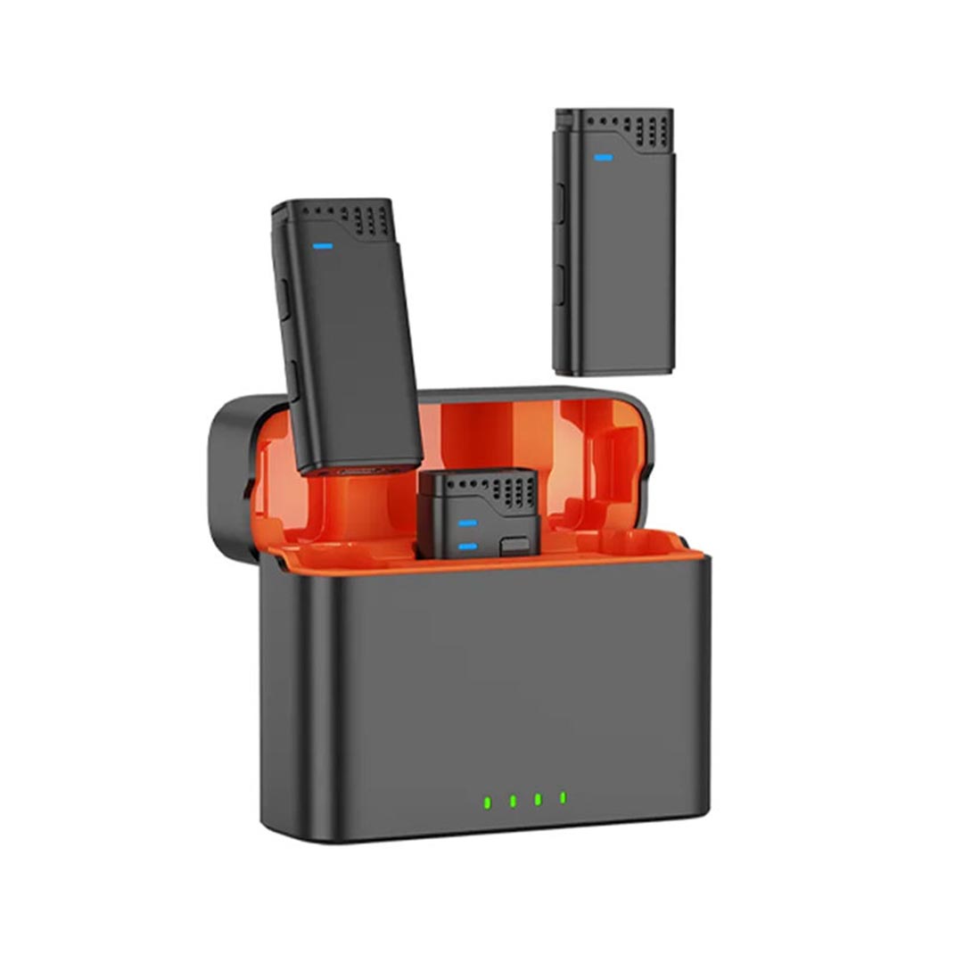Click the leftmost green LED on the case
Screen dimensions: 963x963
tap(488, 801)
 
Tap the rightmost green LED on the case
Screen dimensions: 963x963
tap(563, 797)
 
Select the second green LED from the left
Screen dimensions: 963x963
tap(514, 801)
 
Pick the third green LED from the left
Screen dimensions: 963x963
tap(539, 799)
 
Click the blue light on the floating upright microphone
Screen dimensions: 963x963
tap(604, 159)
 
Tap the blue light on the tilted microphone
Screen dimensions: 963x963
tap(323, 245)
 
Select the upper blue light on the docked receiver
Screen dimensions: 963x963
tap(467, 523)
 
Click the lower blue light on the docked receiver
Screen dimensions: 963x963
tap(467, 545)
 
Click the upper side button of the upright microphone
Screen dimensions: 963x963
tap(560, 203)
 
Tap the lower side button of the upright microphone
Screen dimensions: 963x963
tap(560, 284)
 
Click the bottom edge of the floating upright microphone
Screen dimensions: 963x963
tap(613, 371)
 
